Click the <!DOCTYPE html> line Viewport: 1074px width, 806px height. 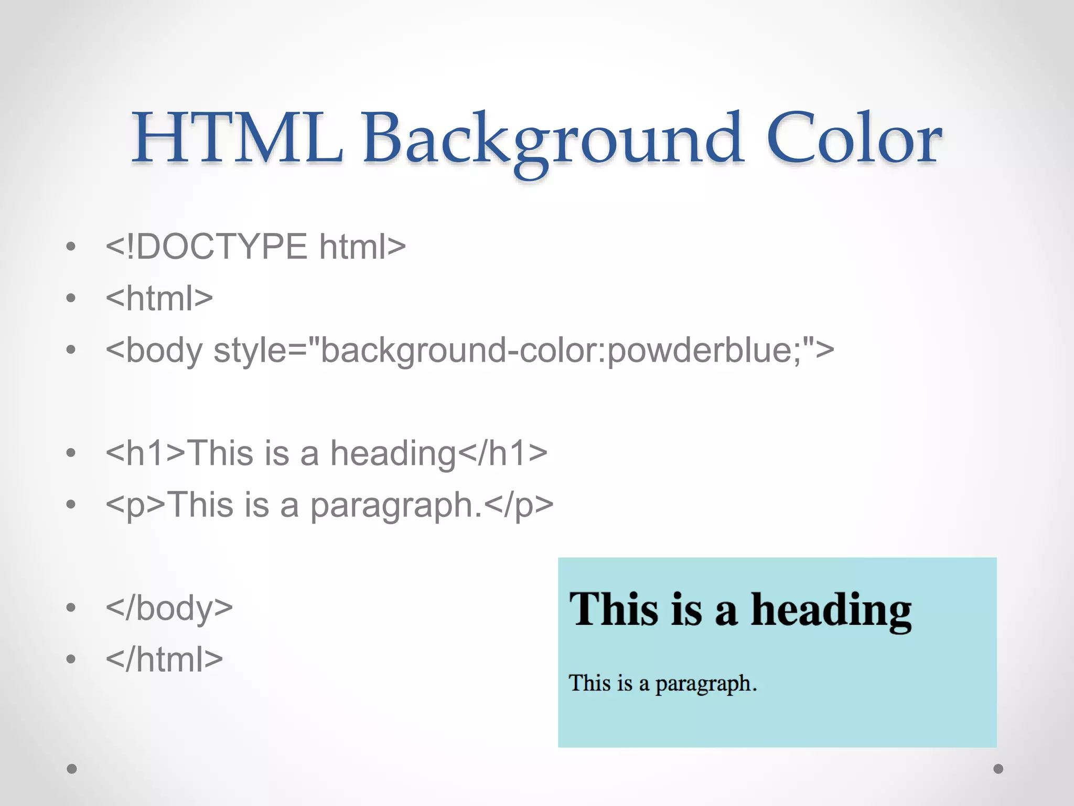coord(255,247)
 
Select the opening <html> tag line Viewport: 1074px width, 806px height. coord(159,298)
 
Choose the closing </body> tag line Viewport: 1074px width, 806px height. coord(169,608)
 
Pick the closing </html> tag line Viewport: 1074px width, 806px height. coord(164,659)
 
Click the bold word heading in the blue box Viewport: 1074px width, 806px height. coord(831,611)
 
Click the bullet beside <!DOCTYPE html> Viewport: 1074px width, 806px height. coord(71,247)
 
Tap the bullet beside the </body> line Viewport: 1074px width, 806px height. coord(71,608)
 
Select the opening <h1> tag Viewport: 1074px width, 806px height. coord(146,453)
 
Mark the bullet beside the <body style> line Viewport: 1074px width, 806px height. coord(71,350)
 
